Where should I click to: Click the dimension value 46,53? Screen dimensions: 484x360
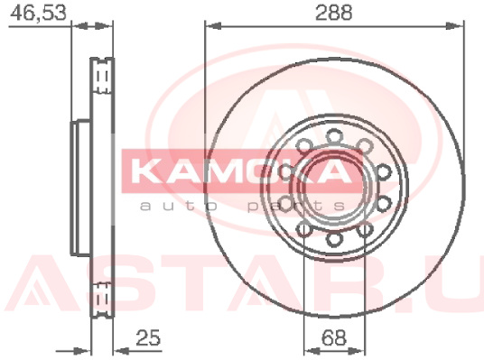38,13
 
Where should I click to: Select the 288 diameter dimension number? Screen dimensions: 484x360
334,13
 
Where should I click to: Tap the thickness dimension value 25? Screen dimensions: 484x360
148,337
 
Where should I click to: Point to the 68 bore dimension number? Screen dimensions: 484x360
334,337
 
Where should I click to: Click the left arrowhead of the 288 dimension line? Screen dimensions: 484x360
213,26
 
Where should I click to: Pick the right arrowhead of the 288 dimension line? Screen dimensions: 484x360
455,26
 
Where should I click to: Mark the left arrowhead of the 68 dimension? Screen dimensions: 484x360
312,351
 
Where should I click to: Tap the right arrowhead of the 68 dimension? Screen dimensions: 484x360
357,351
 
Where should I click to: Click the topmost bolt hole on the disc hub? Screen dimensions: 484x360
335,137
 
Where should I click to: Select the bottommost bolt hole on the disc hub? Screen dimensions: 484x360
335,239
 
